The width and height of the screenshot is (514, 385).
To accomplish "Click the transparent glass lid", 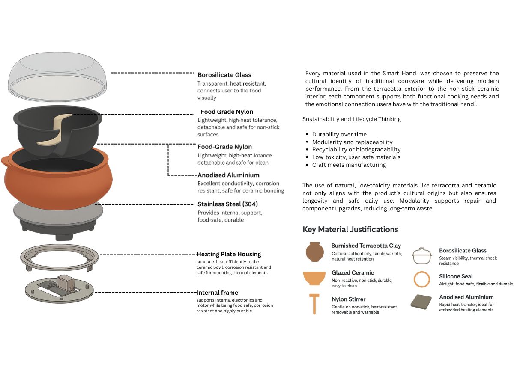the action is click(57, 77).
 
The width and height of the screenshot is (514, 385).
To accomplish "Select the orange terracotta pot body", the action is click(57, 185).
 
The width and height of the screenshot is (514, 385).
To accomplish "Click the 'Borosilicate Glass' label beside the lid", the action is click(224, 75).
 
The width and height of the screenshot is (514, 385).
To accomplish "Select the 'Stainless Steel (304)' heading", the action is click(227, 204).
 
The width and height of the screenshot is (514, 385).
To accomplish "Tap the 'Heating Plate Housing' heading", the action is click(229, 254).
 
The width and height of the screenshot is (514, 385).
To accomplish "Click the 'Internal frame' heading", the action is click(217, 293).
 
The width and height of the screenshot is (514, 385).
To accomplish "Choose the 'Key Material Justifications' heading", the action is click(350, 229).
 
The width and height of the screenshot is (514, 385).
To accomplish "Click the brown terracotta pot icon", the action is click(315, 252).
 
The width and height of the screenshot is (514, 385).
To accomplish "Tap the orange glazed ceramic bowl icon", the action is click(314, 278).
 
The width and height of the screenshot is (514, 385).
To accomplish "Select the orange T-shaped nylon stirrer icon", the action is click(314, 304).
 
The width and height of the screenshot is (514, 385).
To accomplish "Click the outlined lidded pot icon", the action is click(422, 256).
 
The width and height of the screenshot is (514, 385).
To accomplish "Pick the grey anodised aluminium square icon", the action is click(421, 302).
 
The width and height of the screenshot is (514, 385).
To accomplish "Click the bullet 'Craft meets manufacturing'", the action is click(349, 165).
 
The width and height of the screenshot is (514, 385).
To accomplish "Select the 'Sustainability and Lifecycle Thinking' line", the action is click(352, 119).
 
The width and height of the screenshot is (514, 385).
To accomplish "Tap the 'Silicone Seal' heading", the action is click(456, 276).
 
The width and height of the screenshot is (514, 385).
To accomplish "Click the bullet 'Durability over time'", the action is click(339, 134).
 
